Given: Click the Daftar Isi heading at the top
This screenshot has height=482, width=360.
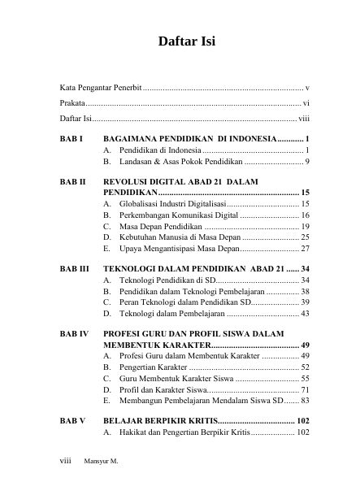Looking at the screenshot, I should (x=180, y=40).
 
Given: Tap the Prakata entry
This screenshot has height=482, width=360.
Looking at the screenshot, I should (x=72, y=103).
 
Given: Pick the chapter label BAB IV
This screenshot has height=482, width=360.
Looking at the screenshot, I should (x=74, y=333).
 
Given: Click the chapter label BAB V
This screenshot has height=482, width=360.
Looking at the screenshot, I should (x=72, y=420).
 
